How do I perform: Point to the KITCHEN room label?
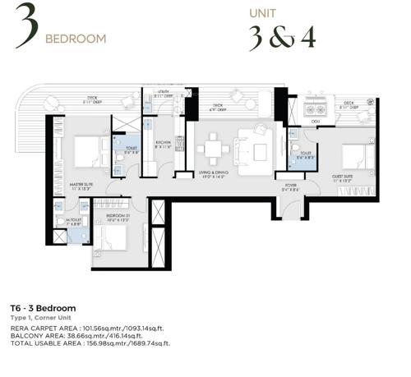click(x=164, y=143)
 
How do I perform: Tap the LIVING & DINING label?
click(x=221, y=174)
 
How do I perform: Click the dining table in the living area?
click(x=212, y=150)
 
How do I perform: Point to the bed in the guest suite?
click(x=353, y=156)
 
